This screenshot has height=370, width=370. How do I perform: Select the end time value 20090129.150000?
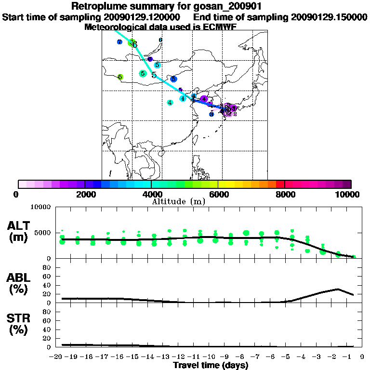click(329, 17)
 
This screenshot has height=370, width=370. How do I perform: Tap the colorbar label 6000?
click(218, 194)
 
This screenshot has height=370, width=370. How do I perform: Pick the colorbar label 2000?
click(84, 194)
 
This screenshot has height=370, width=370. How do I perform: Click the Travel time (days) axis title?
click(211, 366)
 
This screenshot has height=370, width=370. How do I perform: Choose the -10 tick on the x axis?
click(211, 357)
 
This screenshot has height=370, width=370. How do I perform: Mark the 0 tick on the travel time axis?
click(360, 357)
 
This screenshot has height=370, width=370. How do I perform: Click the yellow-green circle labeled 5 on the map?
click(120, 77)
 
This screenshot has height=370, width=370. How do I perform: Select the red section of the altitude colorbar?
click(279, 184)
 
